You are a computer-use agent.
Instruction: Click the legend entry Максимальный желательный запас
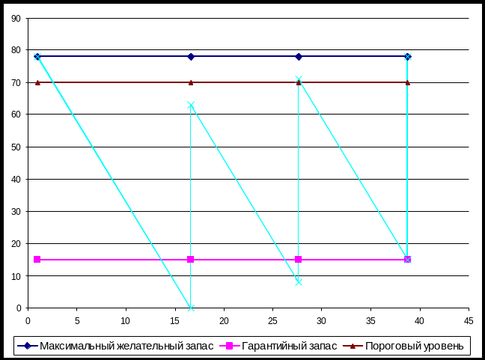pos(126,346)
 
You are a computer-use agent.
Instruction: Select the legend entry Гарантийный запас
pos(287,346)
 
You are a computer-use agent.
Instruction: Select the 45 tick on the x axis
pos(469,320)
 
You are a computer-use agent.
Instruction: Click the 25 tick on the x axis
pos(272,320)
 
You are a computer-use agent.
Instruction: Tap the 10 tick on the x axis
pos(126,320)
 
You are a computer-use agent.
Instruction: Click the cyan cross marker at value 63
pos(191,105)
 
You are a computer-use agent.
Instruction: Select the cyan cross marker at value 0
pos(191,308)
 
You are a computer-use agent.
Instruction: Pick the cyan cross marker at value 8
pos(299,282)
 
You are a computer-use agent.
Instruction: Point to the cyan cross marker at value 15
pos(408,260)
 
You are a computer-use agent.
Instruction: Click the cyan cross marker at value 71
pos(299,79)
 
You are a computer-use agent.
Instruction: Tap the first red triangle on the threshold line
pos(37,82)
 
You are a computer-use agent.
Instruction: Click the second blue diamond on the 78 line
pos(191,57)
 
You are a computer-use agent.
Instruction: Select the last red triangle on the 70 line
pos(408,82)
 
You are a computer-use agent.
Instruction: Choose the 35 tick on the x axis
pos(370,320)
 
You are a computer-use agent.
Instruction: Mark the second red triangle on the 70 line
pos(191,82)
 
